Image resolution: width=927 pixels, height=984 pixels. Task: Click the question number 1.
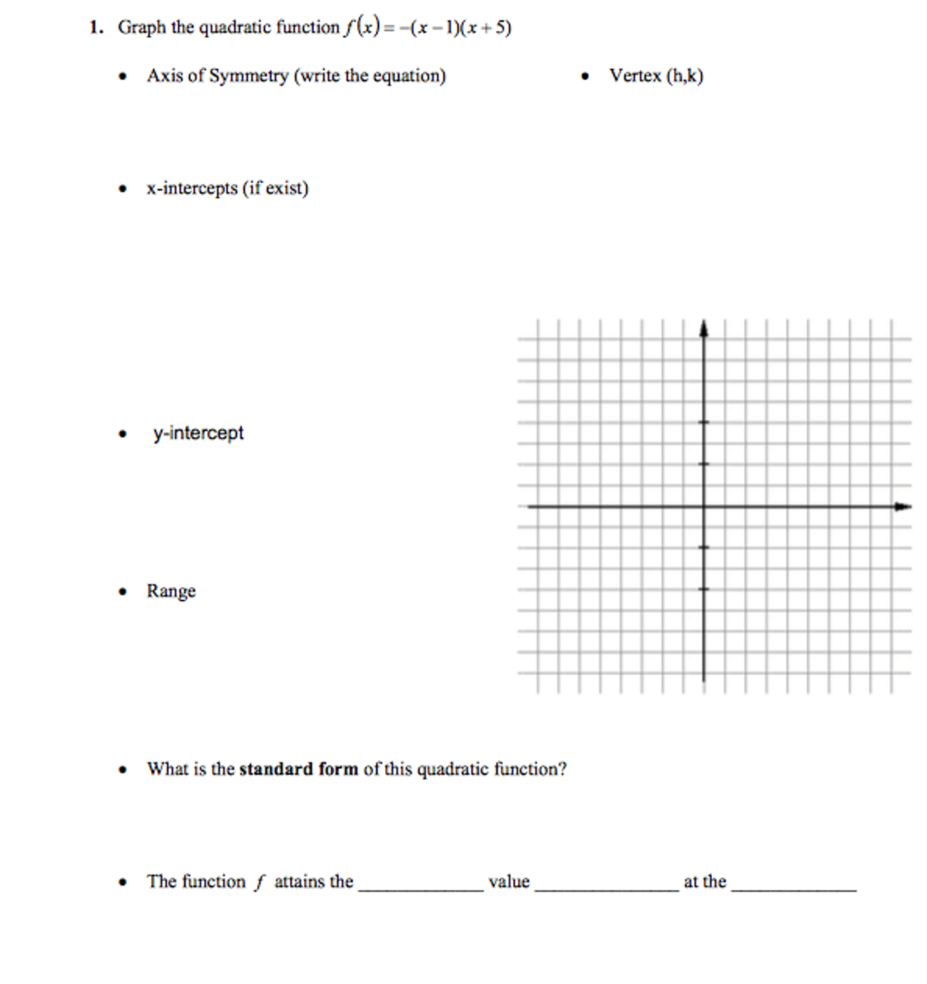(x=95, y=28)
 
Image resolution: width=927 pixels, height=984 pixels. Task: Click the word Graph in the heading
(x=141, y=28)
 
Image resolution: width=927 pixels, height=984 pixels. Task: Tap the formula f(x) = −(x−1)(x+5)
(x=428, y=27)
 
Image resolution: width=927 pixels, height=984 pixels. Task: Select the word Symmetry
(x=248, y=76)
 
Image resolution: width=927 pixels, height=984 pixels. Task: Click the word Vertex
(x=635, y=76)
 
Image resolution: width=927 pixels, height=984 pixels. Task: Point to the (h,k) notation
(x=685, y=76)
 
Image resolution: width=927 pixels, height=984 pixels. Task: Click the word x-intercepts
(x=192, y=189)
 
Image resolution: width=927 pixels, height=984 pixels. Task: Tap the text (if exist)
(x=275, y=189)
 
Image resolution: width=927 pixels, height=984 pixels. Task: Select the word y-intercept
(x=198, y=433)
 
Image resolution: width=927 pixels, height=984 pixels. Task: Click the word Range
(x=171, y=591)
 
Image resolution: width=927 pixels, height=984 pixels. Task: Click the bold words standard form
(x=298, y=769)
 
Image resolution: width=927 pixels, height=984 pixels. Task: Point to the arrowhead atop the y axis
(x=704, y=328)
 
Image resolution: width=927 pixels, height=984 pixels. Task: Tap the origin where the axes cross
(x=704, y=506)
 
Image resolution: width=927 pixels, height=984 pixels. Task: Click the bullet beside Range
(x=123, y=592)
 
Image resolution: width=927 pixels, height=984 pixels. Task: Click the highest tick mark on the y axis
(x=704, y=422)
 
